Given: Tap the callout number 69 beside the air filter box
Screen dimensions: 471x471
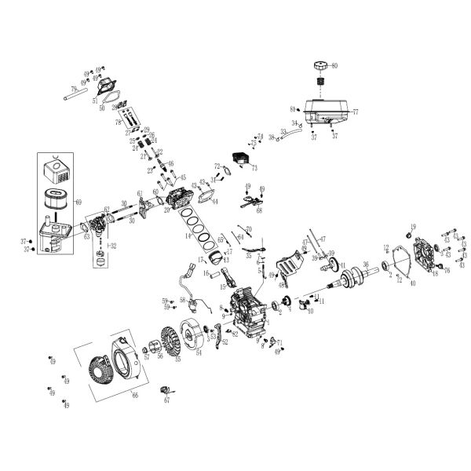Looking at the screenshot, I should pos(77,202).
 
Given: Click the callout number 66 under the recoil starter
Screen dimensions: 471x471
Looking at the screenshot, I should pos(134,396).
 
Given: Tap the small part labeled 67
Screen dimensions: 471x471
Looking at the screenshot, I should pos(166,391).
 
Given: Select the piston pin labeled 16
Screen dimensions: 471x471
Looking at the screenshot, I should pos(213,275).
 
